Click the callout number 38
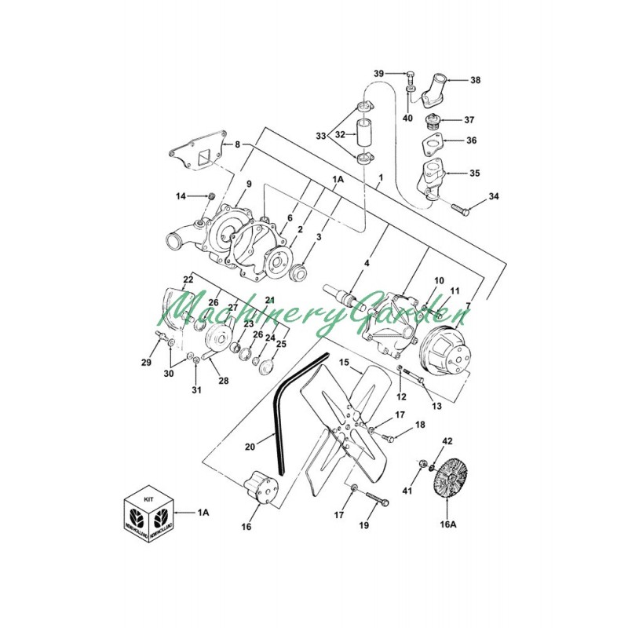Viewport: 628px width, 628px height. coord(475,80)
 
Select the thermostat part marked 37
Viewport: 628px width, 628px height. coord(429,122)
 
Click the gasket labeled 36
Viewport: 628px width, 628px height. coord(430,146)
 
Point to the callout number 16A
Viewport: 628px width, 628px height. coord(447,524)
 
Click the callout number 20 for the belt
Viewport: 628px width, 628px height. coord(250,447)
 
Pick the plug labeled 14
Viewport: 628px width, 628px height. coord(210,195)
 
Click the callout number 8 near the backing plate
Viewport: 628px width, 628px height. coord(237,144)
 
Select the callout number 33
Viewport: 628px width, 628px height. coord(320,136)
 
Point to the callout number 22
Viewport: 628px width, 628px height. coord(188,279)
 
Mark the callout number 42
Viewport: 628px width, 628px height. coord(447,441)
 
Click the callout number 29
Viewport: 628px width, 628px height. coord(146,362)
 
